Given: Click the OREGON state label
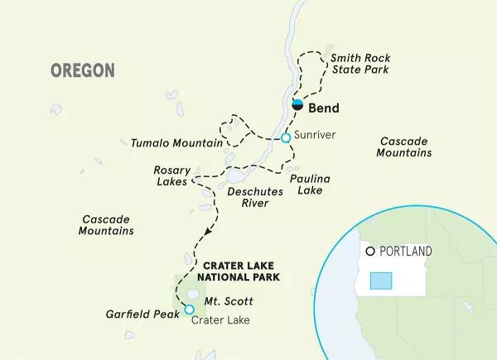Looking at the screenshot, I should click(x=83, y=70).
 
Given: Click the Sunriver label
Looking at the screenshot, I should click(x=314, y=137).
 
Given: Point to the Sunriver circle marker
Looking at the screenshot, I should click(x=286, y=137).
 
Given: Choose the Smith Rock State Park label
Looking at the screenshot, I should click(x=359, y=64).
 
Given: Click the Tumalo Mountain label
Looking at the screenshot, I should click(x=176, y=143).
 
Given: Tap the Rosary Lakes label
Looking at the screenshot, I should click(x=172, y=175).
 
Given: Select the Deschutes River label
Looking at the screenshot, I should click(x=256, y=196).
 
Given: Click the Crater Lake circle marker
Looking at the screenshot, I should click(x=190, y=310).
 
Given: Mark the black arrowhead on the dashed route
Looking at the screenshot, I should click(x=205, y=232).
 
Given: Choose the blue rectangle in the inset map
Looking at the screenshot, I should click(x=380, y=281).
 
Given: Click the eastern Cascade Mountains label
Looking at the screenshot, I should click(x=403, y=147).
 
